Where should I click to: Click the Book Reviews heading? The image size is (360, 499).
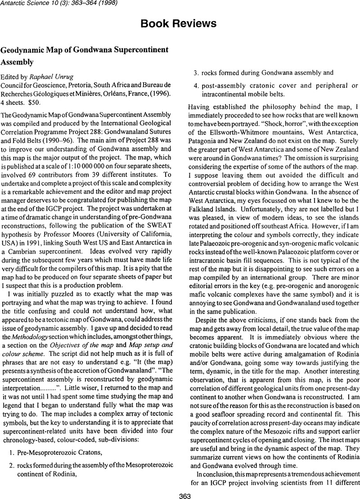tap(180, 23)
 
